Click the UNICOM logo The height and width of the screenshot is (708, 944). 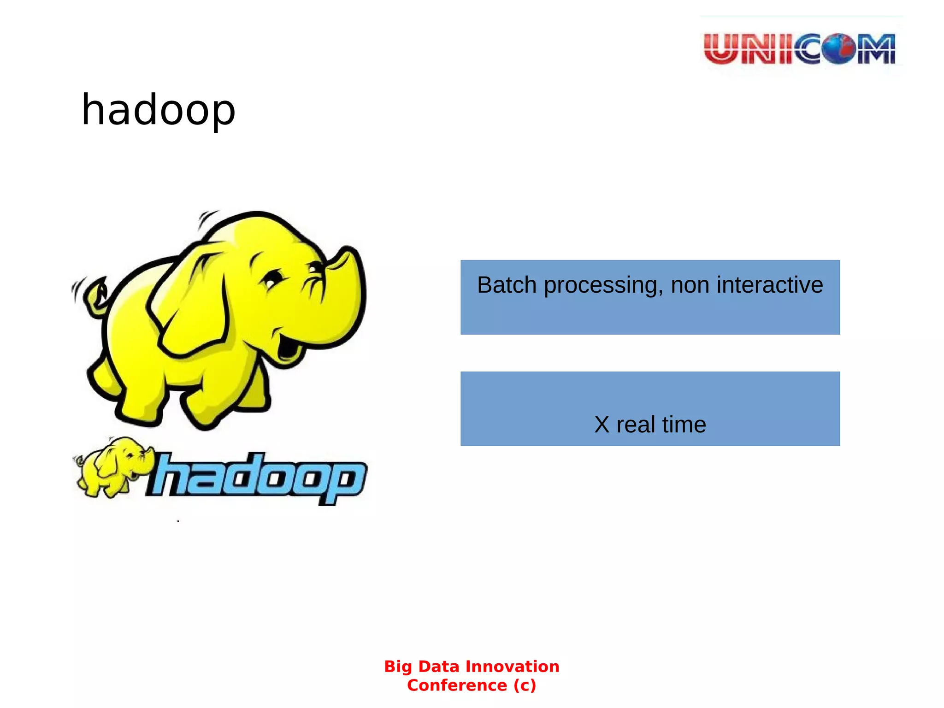(x=800, y=48)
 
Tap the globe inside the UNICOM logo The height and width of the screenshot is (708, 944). (x=838, y=48)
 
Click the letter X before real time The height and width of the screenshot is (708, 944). (x=602, y=425)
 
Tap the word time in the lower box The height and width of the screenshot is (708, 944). (x=684, y=425)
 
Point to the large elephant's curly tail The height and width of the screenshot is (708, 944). (x=96, y=295)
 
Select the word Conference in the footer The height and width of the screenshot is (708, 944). (x=457, y=685)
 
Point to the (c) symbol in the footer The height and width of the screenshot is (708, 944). (x=525, y=685)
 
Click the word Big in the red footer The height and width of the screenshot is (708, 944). (x=399, y=667)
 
